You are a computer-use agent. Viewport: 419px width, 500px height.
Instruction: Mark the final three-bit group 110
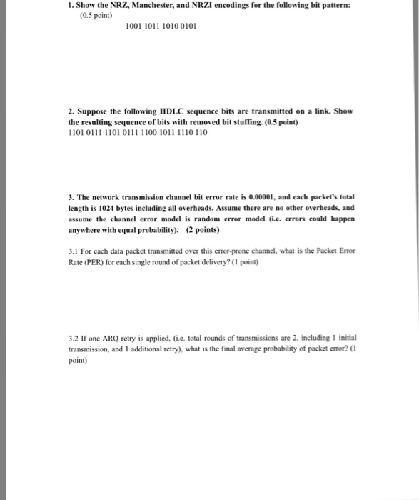tap(200, 133)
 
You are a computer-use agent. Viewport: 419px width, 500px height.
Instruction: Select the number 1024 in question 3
tap(100, 206)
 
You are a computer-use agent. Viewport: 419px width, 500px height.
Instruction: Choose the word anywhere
tap(76, 229)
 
